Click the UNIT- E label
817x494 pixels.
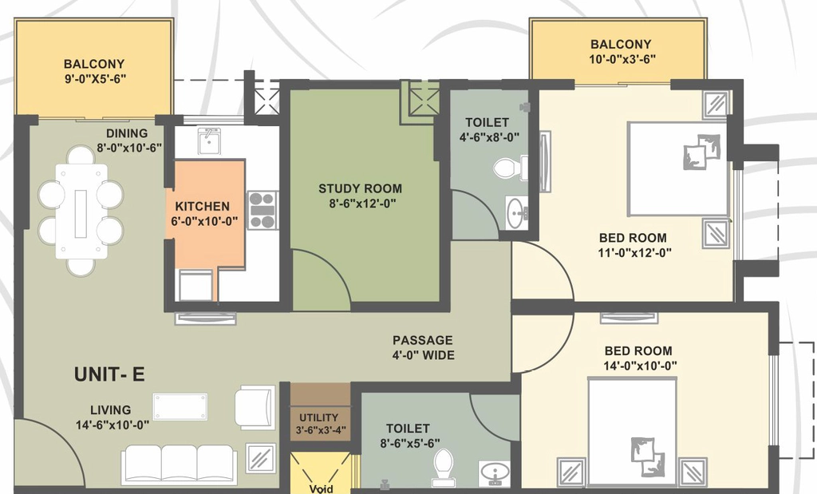(x=109, y=374)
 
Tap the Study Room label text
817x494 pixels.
(x=360, y=188)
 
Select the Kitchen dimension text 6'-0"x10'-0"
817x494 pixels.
(x=204, y=222)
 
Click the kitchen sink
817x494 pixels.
(x=209, y=140)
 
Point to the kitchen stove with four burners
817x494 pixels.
(x=262, y=210)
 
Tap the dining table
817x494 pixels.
(x=81, y=211)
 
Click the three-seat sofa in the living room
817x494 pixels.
(x=179, y=464)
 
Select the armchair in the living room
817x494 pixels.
(x=255, y=407)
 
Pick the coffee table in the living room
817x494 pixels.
(x=180, y=406)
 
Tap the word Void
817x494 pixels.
(x=321, y=488)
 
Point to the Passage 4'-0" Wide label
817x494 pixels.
(x=423, y=348)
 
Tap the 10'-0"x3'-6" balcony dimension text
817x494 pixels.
(x=622, y=59)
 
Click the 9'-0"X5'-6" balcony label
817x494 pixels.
(x=94, y=71)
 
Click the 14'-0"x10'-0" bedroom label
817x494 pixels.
(x=639, y=358)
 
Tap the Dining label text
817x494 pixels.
(x=127, y=133)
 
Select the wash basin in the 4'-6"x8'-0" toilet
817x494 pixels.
(x=516, y=212)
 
